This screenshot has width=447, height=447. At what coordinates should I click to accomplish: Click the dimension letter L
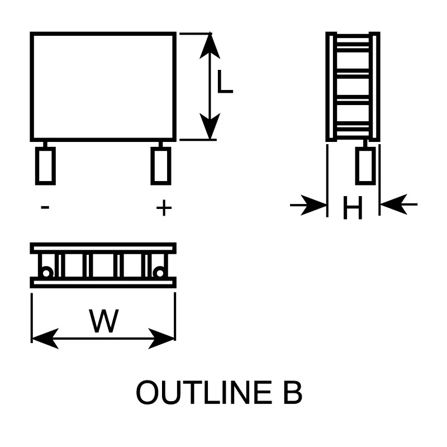point(225,82)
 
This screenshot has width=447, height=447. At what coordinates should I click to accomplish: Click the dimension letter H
point(353,207)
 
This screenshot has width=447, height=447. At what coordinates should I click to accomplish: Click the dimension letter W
point(104,321)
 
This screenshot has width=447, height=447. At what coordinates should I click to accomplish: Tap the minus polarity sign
point(45,207)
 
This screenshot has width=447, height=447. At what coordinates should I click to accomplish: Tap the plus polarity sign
point(164,207)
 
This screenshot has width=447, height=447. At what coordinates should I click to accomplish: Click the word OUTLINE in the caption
point(204,393)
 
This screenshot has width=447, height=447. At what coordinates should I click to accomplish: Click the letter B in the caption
point(293,393)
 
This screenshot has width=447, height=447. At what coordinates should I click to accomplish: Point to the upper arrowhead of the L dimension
point(210,46)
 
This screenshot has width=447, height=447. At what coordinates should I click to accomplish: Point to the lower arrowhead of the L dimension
point(210,126)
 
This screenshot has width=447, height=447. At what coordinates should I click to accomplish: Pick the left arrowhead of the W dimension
point(45,339)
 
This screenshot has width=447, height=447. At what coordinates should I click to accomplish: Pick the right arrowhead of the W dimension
point(161,339)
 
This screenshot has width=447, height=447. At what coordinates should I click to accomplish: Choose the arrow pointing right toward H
point(308,205)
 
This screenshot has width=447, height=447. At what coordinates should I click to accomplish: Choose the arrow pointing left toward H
point(399,205)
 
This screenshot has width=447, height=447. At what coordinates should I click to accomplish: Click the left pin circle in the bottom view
point(46,273)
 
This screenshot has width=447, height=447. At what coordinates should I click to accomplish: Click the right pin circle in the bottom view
point(160,273)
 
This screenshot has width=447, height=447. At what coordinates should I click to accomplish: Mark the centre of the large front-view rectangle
point(103,87)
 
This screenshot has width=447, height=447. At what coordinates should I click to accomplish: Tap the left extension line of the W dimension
point(32,317)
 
